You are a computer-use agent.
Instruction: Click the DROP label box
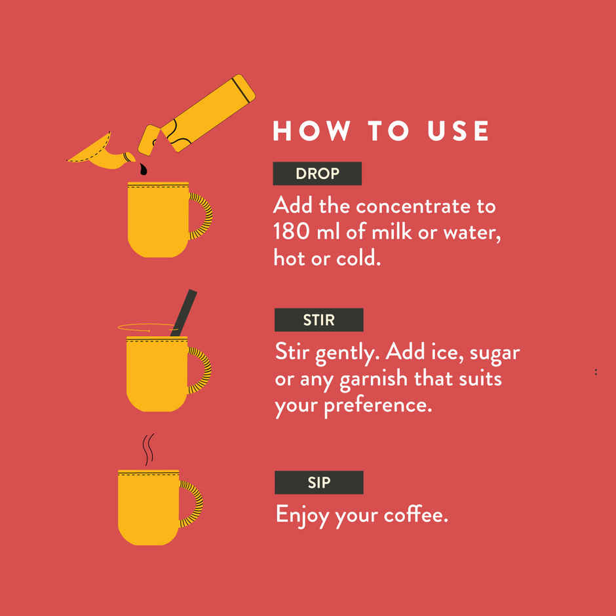click(317, 173)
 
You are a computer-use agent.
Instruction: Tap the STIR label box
click(318, 320)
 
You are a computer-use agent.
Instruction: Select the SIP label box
click(318, 482)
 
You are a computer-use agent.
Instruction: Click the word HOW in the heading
click(312, 130)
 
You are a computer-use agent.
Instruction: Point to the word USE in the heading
click(458, 130)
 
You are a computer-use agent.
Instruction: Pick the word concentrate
click(413, 206)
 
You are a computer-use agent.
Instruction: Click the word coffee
click(416, 514)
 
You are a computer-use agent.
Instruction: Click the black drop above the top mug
click(143, 170)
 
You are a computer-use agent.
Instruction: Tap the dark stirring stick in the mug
click(184, 313)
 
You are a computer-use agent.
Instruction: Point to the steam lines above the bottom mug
click(147, 450)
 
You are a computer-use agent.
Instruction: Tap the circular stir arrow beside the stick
click(145, 327)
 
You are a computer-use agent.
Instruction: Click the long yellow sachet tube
click(208, 113)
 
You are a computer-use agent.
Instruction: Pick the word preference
click(378, 406)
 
